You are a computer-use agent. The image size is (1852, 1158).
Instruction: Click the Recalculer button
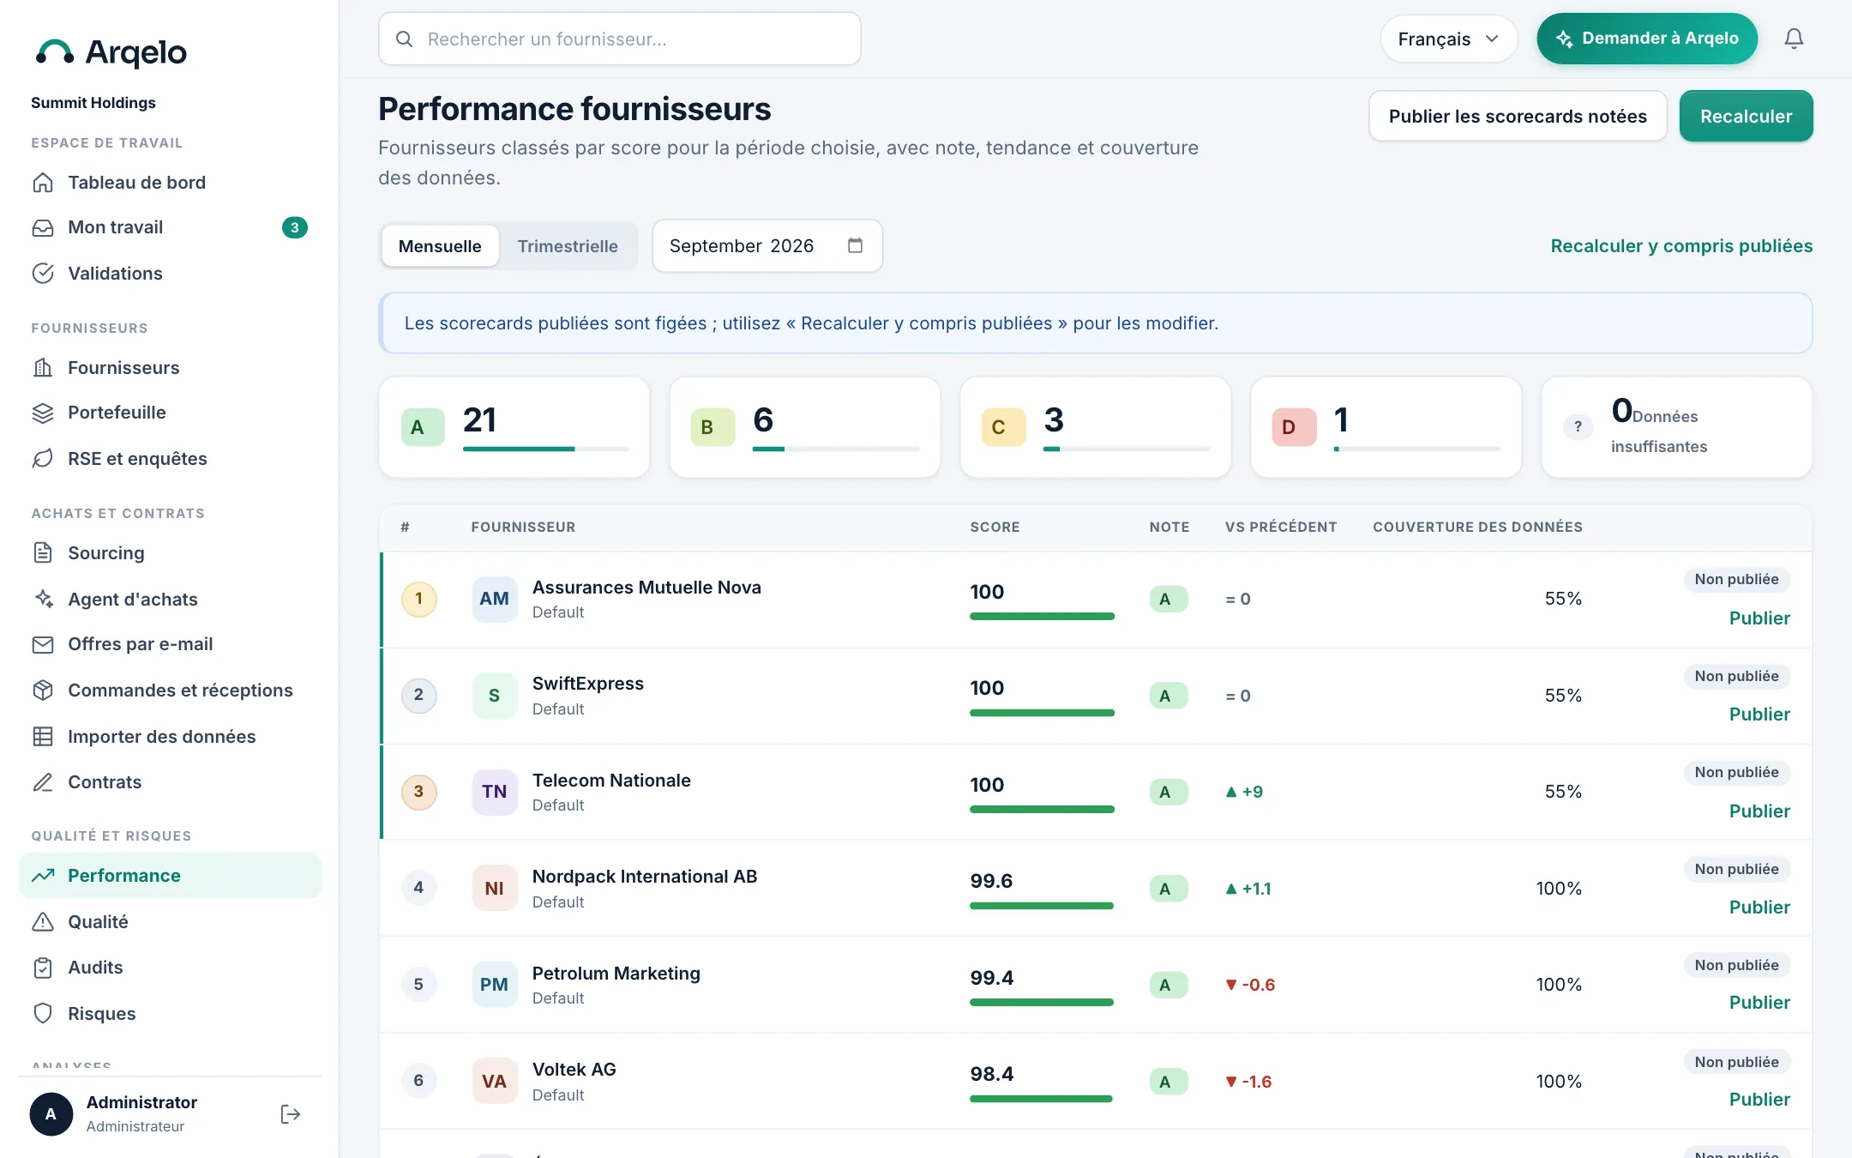[1746, 116]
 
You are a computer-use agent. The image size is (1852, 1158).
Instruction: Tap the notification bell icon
[1794, 39]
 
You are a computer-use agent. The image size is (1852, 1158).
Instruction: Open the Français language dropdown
[1449, 39]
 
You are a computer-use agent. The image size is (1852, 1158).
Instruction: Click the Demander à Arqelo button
[1647, 39]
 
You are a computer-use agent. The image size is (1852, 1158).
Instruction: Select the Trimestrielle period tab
[568, 246]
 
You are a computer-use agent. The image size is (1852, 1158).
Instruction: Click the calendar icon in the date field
[855, 245]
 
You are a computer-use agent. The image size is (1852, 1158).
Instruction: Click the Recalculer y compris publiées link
[1681, 246]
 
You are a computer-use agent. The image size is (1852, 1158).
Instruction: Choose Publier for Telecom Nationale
[1759, 811]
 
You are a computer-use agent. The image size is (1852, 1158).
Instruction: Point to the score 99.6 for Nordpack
[991, 881]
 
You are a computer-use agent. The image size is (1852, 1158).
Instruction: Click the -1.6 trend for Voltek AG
[1249, 1082]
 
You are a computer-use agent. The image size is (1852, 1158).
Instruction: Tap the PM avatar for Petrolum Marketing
[494, 984]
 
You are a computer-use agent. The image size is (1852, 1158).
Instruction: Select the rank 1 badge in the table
[418, 599]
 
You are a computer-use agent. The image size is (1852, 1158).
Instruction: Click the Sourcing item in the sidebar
[105, 552]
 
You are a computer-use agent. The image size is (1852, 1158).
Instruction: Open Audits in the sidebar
[95, 968]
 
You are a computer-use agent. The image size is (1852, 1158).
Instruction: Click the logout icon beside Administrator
[291, 1114]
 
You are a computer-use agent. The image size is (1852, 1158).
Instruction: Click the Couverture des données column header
[1477, 527]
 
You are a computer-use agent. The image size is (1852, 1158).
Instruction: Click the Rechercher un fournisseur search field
[620, 39]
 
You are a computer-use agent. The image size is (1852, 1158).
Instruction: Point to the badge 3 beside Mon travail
[294, 227]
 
